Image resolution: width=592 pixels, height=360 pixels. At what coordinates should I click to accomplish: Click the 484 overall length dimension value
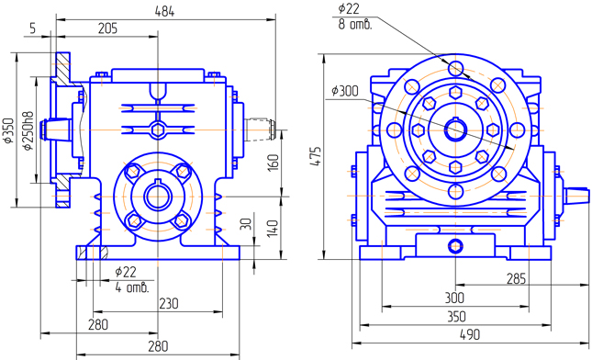click(x=165, y=12)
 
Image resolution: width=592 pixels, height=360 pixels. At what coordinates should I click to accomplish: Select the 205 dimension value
click(x=107, y=28)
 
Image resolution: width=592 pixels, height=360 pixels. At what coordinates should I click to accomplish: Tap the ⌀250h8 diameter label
click(x=29, y=130)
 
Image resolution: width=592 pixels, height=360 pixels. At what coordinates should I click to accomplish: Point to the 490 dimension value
click(x=470, y=334)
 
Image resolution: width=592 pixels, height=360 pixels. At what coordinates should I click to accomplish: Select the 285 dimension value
click(x=516, y=279)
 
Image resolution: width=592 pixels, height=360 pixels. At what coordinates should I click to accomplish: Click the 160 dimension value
click(x=274, y=163)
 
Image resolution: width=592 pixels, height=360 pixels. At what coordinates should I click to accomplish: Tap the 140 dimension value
click(x=273, y=229)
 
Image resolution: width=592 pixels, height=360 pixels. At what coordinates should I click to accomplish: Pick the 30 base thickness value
click(x=246, y=224)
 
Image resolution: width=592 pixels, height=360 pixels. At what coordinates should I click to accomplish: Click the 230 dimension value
click(x=168, y=303)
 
